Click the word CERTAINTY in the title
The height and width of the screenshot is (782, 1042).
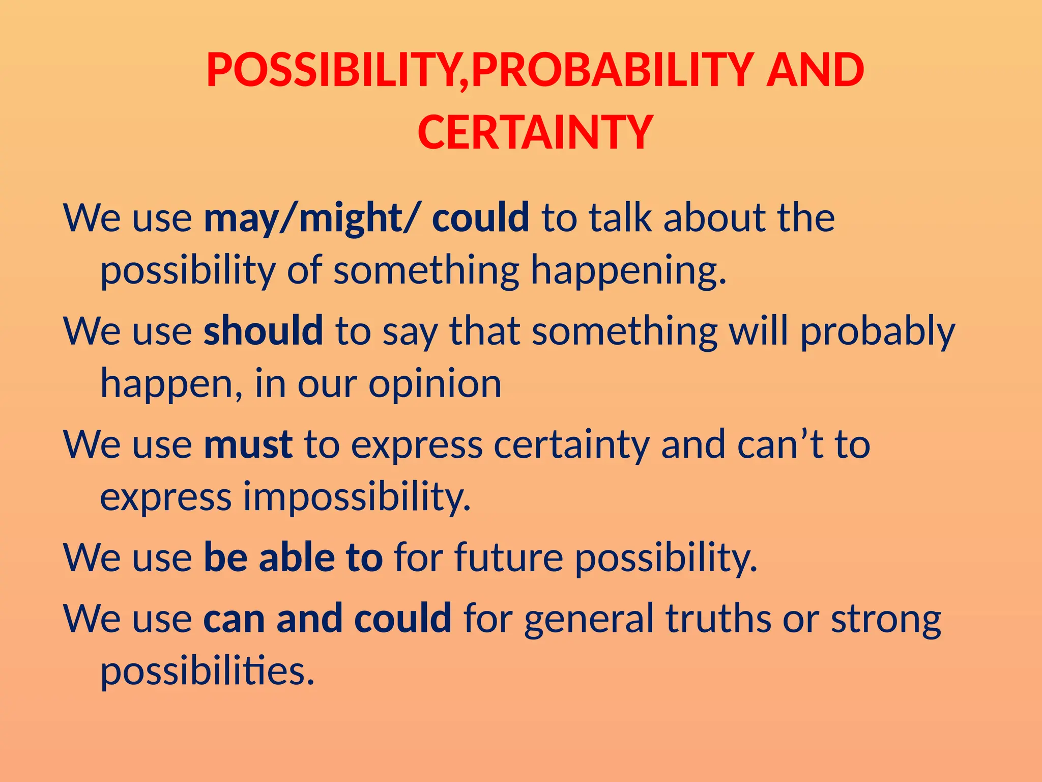click(535, 132)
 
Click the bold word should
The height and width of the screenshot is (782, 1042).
click(263, 331)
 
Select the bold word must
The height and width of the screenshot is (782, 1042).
click(248, 444)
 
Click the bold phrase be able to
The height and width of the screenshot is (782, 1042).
click(293, 557)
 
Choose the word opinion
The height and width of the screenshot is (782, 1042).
click(435, 383)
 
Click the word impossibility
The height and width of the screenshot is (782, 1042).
click(357, 497)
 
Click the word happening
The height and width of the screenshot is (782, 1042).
click(628, 270)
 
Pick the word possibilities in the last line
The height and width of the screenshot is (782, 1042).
click(207, 671)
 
